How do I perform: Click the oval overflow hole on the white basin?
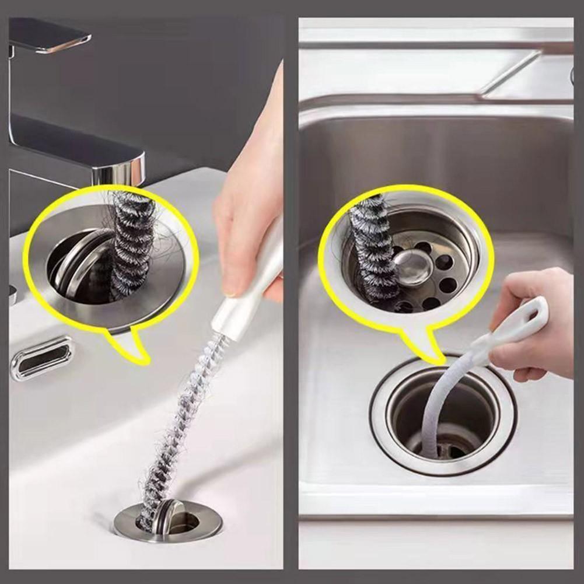pyautogui.click(x=42, y=358)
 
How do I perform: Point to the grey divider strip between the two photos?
pyautogui.click(x=291, y=292)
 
